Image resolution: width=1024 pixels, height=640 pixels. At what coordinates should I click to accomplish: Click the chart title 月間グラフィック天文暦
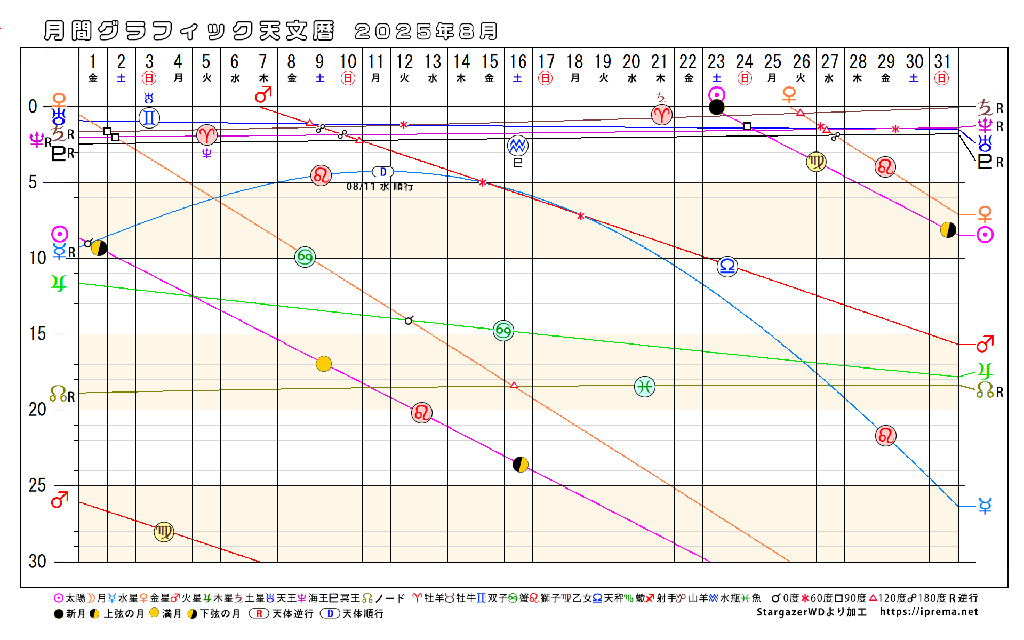pyautogui.click(x=189, y=31)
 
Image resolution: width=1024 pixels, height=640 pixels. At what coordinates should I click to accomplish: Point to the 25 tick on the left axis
pyautogui.click(x=37, y=485)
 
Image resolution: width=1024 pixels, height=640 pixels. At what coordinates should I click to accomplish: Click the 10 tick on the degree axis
pyautogui.click(x=37, y=258)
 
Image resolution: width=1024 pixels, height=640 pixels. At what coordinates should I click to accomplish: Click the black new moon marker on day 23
pyautogui.click(x=716, y=107)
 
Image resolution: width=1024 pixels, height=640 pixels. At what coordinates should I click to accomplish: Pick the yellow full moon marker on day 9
pyautogui.click(x=324, y=364)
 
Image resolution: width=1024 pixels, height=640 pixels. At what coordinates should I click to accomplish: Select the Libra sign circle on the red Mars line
pyautogui.click(x=727, y=266)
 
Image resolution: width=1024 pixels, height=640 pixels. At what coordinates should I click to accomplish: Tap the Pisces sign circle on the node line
pyautogui.click(x=645, y=386)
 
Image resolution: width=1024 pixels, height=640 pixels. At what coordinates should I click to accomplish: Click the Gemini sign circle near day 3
pyautogui.click(x=149, y=117)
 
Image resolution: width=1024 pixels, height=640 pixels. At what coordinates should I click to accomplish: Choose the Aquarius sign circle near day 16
pyautogui.click(x=517, y=145)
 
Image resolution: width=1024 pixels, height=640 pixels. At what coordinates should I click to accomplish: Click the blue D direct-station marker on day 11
pyautogui.click(x=383, y=172)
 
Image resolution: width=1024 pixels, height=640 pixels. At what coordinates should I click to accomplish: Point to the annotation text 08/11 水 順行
pyautogui.click(x=380, y=187)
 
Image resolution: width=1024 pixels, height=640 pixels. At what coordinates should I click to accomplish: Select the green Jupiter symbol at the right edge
pyautogui.click(x=985, y=370)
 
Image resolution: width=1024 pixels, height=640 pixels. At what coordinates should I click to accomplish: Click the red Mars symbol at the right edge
pyautogui.click(x=985, y=345)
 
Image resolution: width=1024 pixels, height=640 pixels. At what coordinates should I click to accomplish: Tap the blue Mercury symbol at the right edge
pyautogui.click(x=985, y=506)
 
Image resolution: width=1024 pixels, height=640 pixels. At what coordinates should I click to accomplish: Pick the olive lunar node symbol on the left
pyautogui.click(x=58, y=394)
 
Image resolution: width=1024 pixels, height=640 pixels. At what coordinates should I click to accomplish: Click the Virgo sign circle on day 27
pyautogui.click(x=816, y=162)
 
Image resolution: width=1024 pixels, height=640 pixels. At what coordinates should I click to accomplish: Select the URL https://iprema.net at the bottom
pyautogui.click(x=929, y=612)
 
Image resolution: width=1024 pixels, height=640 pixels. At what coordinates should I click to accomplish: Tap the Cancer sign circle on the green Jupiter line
pyautogui.click(x=503, y=331)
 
